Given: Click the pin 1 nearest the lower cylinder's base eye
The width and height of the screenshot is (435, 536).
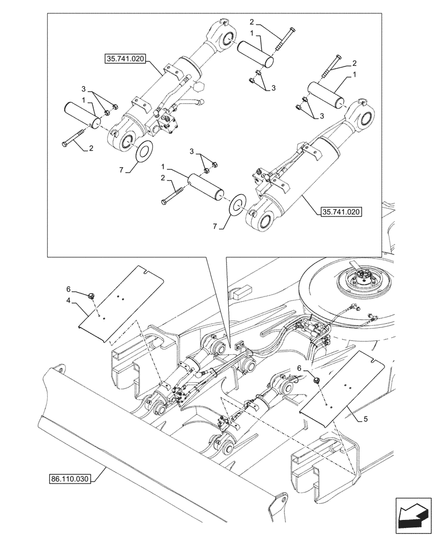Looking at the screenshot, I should [206, 186].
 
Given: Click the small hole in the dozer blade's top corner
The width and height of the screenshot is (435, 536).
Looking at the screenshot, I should [60, 371].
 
